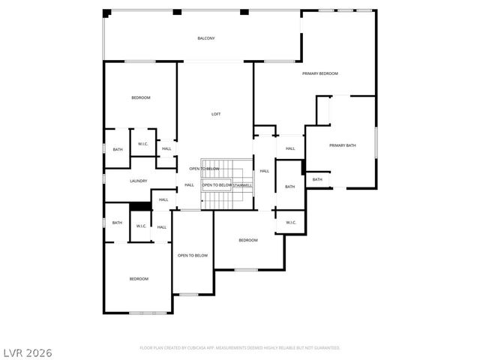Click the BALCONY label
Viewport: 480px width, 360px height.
(x=206, y=38)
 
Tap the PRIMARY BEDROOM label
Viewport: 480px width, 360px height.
(x=320, y=73)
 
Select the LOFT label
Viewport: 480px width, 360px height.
(x=216, y=114)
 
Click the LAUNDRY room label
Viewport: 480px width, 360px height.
(x=138, y=181)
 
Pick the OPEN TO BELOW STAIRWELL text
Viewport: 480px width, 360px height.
(x=227, y=185)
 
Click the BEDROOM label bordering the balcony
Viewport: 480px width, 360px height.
(x=141, y=98)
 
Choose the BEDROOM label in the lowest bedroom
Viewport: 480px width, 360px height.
(x=139, y=279)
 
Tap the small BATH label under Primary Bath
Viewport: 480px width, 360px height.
(x=317, y=180)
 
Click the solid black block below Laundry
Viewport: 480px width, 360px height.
(x=140, y=207)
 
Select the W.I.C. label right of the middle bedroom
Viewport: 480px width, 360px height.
(x=290, y=222)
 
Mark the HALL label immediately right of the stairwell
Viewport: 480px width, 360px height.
(x=264, y=171)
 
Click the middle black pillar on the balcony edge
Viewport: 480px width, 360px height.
(x=177, y=12)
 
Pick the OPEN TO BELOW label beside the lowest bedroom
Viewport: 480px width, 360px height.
(x=192, y=256)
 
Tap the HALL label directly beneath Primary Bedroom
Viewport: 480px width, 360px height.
(x=289, y=148)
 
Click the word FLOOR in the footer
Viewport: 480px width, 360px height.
(x=147, y=348)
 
